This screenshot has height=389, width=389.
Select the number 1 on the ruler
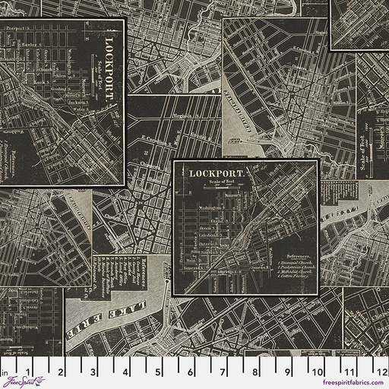[x=29, y=372]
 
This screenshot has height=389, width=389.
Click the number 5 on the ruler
[x=157, y=372]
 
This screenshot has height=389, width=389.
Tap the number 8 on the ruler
[x=253, y=372]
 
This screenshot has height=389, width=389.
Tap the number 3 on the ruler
[x=93, y=372]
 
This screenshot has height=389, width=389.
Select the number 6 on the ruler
[x=189, y=372]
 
